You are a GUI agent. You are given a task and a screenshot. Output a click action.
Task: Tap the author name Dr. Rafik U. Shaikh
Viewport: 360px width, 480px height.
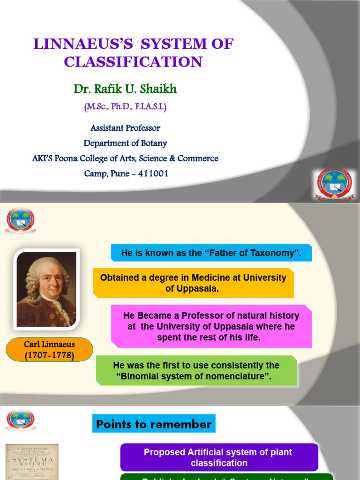[125, 89]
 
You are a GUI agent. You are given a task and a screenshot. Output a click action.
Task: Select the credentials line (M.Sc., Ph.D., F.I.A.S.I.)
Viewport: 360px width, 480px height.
[125, 107]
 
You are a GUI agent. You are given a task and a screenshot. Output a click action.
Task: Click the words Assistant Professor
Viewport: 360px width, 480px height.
[125, 128]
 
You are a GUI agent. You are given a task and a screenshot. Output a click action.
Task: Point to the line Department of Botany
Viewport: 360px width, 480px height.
[125, 143]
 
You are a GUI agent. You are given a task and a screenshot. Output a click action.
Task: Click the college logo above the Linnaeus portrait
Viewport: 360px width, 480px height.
[20, 220]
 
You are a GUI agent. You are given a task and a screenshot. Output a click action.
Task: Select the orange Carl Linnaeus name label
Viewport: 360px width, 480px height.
[49, 350]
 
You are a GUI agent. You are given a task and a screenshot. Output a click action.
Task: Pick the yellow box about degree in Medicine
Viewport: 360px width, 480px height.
[193, 283]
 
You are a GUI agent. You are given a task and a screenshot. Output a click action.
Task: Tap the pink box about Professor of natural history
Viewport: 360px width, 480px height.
[211, 326]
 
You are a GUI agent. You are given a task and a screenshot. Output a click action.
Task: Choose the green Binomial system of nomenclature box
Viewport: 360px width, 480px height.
[196, 371]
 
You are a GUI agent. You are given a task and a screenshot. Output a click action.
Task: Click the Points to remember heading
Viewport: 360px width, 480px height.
[154, 424]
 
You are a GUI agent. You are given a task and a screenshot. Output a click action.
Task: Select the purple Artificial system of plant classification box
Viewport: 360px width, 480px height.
[218, 457]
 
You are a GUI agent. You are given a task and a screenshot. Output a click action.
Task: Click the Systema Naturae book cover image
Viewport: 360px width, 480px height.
[32, 462]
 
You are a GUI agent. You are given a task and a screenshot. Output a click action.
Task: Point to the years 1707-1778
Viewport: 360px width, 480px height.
[49, 355]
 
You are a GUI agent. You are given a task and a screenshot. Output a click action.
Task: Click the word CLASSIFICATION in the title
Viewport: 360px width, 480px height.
[133, 62]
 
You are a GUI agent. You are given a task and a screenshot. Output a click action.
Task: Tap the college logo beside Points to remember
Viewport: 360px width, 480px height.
[20, 420]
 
